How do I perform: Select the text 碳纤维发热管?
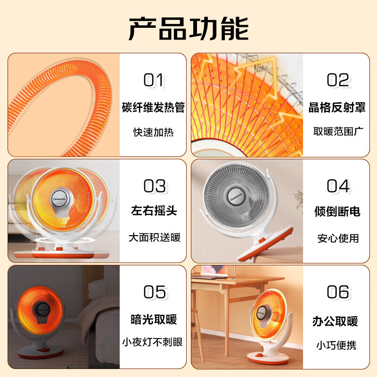tap(154, 107)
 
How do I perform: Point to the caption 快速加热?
tap(154, 132)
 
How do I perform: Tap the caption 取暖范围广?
tap(338, 131)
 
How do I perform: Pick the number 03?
tap(154, 186)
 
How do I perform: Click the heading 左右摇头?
tap(154, 211)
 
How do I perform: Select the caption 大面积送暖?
tap(154, 238)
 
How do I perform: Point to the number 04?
tap(338, 186)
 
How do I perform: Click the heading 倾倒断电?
tap(337, 212)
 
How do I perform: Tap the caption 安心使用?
tap(338, 238)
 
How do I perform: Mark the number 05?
tap(154, 292)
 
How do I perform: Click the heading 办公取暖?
tap(335, 321)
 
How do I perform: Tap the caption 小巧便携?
tap(336, 345)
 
